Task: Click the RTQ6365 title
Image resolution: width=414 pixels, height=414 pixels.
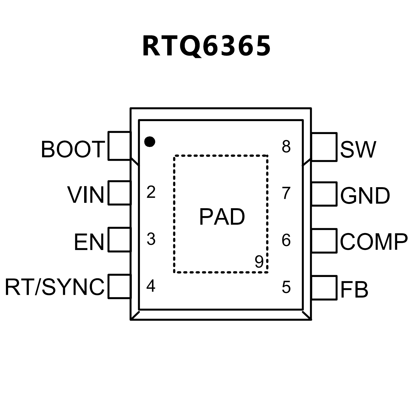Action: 206,46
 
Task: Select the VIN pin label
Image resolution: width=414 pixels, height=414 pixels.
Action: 86,195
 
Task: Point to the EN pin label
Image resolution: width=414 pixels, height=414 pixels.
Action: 89,242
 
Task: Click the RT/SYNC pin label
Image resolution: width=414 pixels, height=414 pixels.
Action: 54,287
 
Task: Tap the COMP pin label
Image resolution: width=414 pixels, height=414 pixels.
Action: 374,242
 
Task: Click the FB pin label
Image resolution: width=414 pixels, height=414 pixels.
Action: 354,290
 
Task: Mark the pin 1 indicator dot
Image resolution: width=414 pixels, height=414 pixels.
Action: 150,141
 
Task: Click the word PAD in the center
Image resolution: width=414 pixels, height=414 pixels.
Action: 222,217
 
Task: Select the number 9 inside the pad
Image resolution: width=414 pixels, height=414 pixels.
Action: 259,261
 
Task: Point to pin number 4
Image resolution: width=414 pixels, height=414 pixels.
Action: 151,286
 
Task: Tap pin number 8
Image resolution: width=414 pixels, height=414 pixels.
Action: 286,147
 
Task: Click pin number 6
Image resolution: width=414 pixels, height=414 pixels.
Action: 286,240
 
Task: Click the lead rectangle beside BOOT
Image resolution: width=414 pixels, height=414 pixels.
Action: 119,146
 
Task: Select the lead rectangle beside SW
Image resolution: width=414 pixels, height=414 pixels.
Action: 324,147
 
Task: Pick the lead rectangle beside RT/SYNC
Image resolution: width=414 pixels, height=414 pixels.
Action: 119,286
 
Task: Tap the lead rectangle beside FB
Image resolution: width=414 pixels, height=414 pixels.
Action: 324,288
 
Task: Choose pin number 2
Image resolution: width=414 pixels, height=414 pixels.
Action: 151,192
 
